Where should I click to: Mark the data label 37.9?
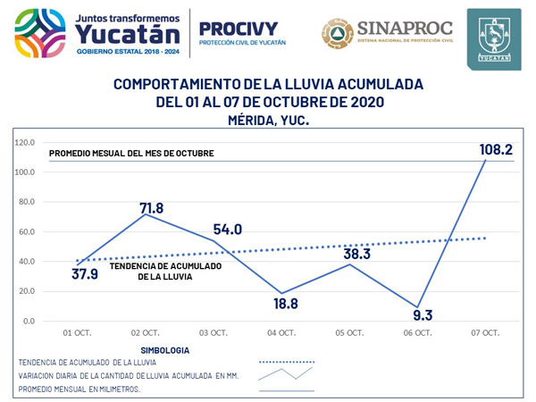coord(84,273)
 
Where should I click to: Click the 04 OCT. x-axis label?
coord(281,333)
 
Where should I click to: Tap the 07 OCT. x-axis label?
coord(485,333)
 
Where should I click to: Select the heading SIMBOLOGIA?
coord(168,350)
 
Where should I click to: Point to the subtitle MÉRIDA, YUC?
coord(268,119)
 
